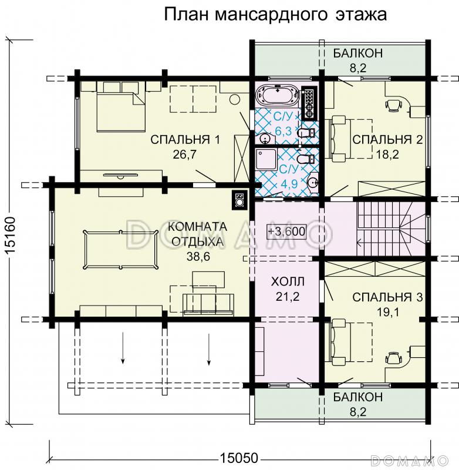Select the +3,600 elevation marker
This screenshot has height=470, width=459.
click(286, 231)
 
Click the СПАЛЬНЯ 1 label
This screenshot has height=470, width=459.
click(185, 139)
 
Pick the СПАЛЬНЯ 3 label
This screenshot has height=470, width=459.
click(387, 298)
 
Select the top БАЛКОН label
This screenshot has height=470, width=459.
click(358, 53)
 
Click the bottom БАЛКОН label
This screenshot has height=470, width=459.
click(358, 398)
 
